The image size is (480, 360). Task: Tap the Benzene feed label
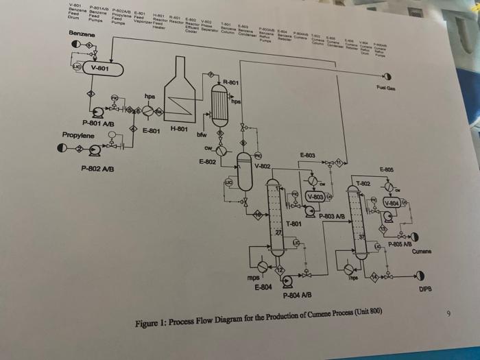(x=82, y=34)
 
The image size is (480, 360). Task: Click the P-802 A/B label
(x=97, y=169)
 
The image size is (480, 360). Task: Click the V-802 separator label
(x=265, y=167)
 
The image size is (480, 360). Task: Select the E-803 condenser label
(x=309, y=157)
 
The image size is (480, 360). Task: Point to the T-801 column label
(x=293, y=224)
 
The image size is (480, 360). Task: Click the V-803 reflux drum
(x=316, y=197)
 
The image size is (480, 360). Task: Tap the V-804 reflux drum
(x=393, y=203)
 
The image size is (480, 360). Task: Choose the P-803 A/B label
(x=341, y=217)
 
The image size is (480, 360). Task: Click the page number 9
(x=449, y=314)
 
